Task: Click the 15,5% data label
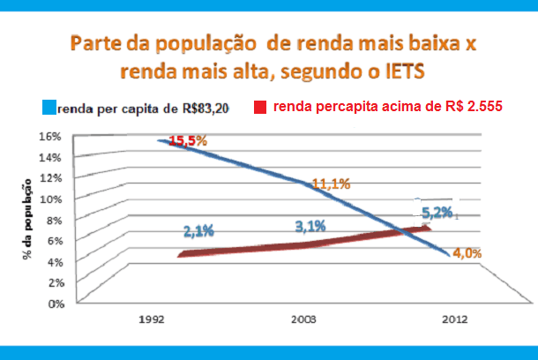click(x=188, y=141)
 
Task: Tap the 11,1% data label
click(x=332, y=184)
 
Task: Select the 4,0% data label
click(x=467, y=253)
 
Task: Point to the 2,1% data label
click(x=199, y=232)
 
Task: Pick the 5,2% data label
click(x=437, y=213)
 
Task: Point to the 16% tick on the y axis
click(x=50, y=137)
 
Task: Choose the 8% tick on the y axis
click(x=53, y=220)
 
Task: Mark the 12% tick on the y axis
click(x=50, y=178)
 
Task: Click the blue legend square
click(x=49, y=108)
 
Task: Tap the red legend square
click(x=260, y=108)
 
